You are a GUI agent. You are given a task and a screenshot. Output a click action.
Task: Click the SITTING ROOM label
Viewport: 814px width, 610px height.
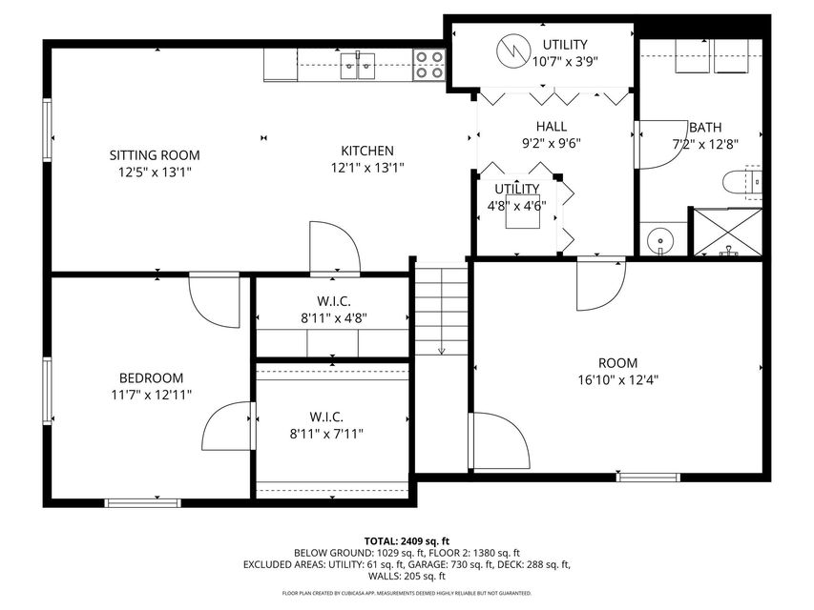pos(154,154)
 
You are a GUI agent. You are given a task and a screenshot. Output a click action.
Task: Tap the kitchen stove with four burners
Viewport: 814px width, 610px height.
pos(428,65)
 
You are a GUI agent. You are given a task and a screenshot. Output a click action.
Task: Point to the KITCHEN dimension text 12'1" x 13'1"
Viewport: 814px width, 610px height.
pos(367,168)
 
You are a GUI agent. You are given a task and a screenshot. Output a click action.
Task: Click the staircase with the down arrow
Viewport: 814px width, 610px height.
pos(441,310)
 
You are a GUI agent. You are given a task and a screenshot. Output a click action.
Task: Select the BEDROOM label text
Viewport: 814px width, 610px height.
pos(151,377)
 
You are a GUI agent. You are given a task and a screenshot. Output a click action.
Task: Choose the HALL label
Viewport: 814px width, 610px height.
pos(551,126)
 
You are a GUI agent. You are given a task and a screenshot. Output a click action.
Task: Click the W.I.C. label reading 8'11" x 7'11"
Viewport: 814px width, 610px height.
pos(326,434)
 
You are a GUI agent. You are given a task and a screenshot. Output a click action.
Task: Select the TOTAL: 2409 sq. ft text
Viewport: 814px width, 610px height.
pos(407,540)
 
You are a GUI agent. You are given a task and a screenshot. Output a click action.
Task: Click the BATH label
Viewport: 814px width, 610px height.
pos(705,127)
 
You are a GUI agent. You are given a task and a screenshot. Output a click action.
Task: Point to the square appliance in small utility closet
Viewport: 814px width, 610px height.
pos(522,215)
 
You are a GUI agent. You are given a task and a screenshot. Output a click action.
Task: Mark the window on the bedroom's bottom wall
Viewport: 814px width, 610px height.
pos(142,502)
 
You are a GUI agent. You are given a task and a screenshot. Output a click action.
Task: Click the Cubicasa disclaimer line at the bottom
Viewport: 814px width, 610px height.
pos(407,593)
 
